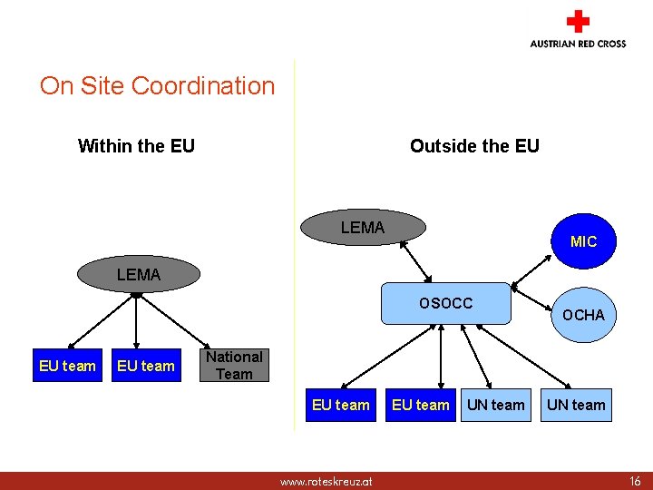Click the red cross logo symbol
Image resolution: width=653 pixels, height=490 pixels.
577,22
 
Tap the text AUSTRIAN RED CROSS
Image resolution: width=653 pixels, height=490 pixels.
578,44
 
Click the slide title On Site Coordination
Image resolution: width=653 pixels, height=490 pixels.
157,86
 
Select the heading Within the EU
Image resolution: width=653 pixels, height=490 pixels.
136,146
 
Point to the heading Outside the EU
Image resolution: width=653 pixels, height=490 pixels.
474,146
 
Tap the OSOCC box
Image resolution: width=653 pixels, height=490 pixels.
445,303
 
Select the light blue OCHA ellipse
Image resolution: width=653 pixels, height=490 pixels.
582,315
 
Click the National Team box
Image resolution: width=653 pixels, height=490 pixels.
234,366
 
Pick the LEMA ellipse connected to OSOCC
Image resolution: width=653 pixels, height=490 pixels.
363,228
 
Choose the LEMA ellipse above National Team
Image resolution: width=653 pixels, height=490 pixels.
138,274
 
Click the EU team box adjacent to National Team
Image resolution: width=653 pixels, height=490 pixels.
145,367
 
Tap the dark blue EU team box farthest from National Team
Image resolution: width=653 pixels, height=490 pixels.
67,367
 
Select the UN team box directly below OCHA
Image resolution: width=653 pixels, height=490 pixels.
575,405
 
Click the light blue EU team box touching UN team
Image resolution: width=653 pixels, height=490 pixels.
420,405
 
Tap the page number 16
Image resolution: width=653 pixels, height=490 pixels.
634,481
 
